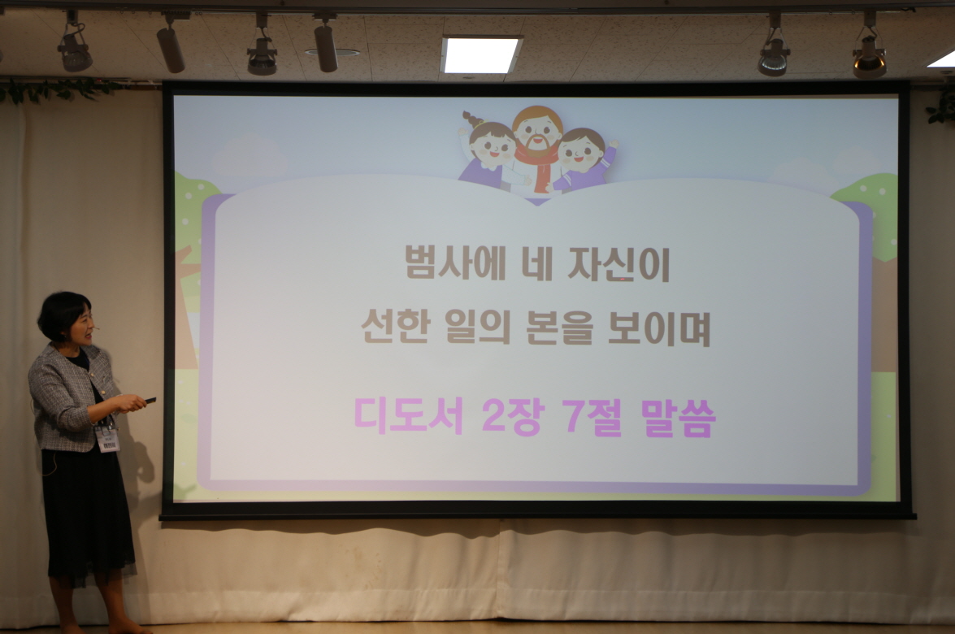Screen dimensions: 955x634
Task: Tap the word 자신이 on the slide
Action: [x=619, y=263]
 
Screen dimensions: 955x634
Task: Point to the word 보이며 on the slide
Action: [x=659, y=327]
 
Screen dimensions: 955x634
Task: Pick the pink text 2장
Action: [x=511, y=417]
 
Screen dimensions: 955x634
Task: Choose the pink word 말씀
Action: [x=679, y=418]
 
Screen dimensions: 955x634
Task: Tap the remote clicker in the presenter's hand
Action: [x=150, y=400]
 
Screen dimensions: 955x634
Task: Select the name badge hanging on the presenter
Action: [x=108, y=438]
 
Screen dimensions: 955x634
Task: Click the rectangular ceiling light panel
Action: [x=481, y=54]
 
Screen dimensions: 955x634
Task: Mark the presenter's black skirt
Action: [x=89, y=514]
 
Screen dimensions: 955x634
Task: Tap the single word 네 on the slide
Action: [x=537, y=263]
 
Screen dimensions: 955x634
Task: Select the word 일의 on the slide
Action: [x=478, y=326]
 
